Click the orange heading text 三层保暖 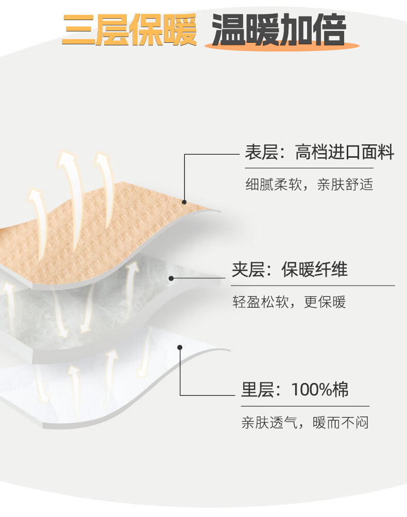tap(129, 30)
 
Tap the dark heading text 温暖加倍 tap(279, 30)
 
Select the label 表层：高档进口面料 tap(319, 153)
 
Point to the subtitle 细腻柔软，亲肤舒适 tap(309, 184)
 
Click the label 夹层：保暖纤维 tap(289, 270)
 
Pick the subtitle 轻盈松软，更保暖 tap(289, 302)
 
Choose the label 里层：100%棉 tap(295, 390)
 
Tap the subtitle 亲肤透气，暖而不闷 tap(305, 423)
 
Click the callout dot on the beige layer tap(184, 203)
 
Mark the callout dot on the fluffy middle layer tap(172, 278)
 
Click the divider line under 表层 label tap(309, 168)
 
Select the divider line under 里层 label tap(305, 406)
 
